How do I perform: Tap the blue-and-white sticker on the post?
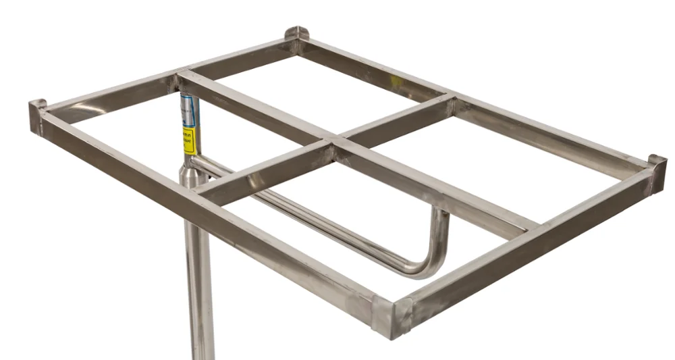tap(188, 110)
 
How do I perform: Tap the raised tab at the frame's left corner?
tap(38, 107)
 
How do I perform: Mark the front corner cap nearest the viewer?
tap(392, 314)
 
